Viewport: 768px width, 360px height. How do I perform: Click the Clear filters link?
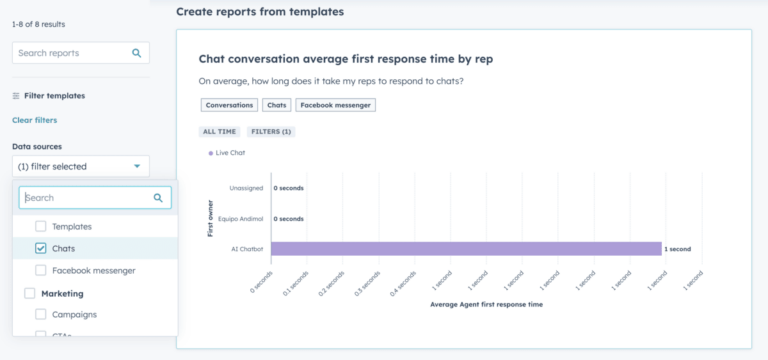coord(34,120)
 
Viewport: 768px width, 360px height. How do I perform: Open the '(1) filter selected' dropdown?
coord(80,166)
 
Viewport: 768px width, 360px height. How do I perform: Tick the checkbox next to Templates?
coord(41,227)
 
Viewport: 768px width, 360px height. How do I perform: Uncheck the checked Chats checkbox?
coord(41,248)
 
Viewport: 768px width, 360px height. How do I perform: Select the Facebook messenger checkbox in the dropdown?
coord(41,270)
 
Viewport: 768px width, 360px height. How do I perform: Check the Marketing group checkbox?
coord(30,294)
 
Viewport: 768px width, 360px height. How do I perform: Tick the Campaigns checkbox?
coord(41,314)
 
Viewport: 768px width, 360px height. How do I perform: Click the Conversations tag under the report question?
coord(228,105)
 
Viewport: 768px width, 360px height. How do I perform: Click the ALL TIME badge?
coord(219,132)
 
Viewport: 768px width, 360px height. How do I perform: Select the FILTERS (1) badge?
coord(271,132)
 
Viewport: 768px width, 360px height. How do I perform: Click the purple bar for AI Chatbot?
coord(465,248)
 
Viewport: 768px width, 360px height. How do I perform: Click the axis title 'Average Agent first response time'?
coord(486,304)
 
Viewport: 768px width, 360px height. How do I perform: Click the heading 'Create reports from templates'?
coord(259,12)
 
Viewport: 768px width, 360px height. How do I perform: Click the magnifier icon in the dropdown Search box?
coord(158,198)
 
